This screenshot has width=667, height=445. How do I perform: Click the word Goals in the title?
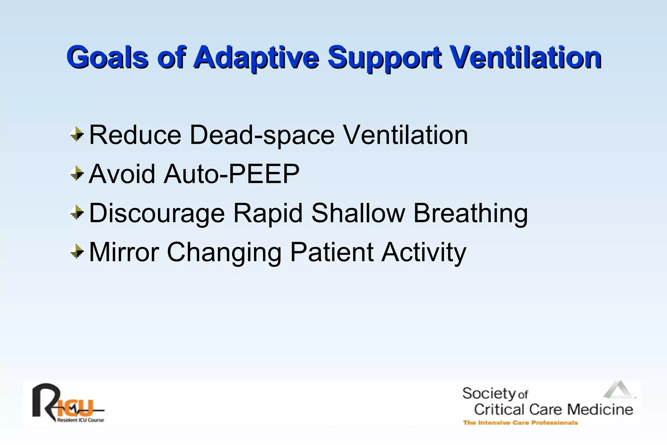point(107,57)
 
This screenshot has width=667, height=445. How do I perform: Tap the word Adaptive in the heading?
point(256,57)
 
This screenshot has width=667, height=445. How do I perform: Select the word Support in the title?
point(385,57)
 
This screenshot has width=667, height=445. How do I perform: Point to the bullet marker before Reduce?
point(77,134)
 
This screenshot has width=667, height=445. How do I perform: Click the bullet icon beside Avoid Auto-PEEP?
point(77,173)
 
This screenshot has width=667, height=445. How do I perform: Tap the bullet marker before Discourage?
point(77,212)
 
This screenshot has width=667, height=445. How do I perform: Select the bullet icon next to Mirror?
point(77,251)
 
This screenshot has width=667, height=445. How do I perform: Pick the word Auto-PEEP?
point(232,174)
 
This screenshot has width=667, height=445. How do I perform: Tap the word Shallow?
point(358,213)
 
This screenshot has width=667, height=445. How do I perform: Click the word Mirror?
point(124,252)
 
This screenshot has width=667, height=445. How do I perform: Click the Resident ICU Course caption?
point(80,420)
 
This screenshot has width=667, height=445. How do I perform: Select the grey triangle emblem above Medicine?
point(619,390)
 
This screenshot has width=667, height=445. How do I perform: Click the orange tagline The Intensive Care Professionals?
point(520,423)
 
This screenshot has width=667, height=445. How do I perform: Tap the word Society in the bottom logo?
point(489,394)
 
